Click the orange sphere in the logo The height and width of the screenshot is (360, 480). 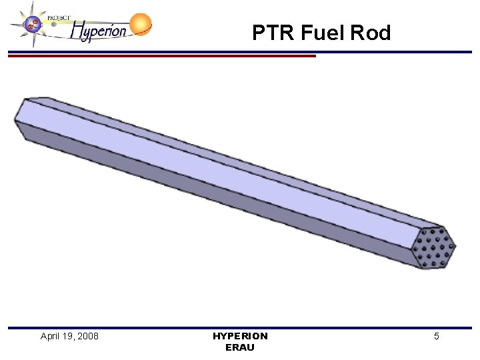click(141, 24)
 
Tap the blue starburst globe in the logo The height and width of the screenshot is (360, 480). click(31, 25)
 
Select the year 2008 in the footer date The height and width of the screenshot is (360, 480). click(87, 336)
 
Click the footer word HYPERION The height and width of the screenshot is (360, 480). click(240, 336)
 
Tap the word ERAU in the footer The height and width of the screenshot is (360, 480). click(240, 347)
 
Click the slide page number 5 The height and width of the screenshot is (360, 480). click(437, 336)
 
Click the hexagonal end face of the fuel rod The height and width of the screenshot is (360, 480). click(433, 247)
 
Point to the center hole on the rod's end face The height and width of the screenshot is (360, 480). click(434, 247)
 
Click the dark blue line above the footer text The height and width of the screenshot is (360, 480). click(240, 327)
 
